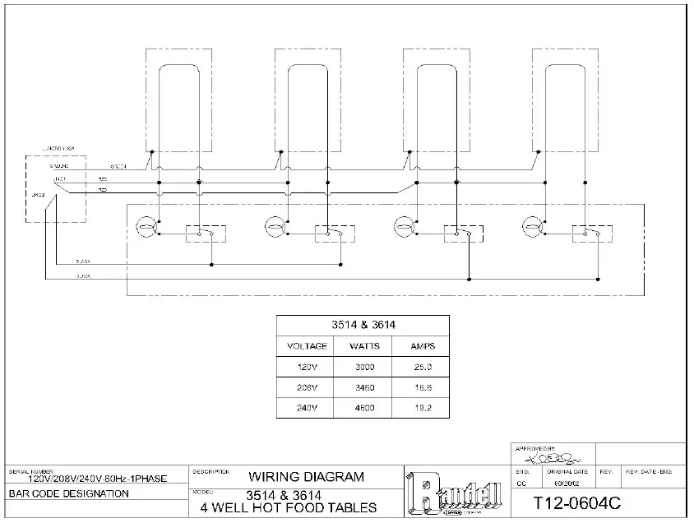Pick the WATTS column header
point(363,346)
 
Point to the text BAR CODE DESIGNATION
point(69,494)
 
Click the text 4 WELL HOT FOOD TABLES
point(289,507)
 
